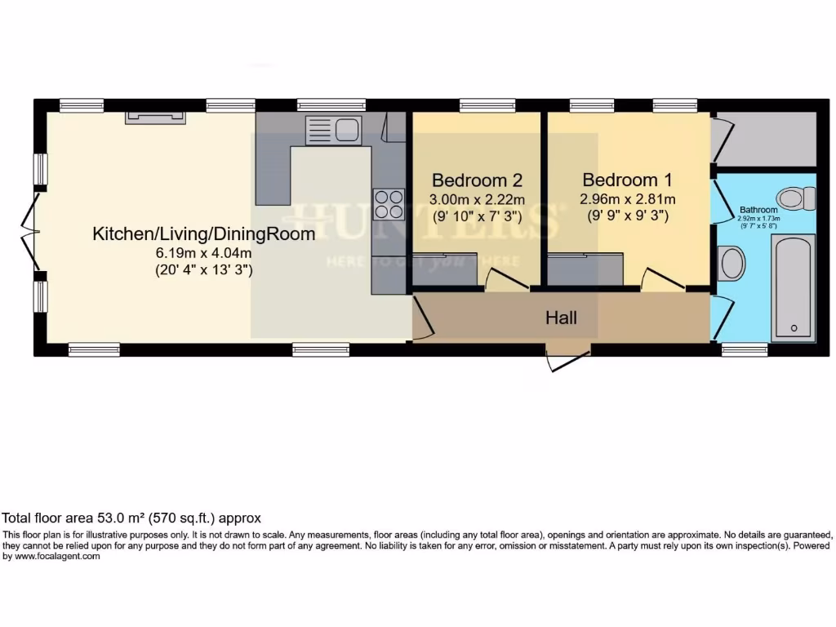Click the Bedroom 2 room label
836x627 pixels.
pos(477,180)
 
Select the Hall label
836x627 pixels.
pos(561,317)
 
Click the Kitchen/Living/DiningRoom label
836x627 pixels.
pos(203,234)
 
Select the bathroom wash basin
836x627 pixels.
pos(732,263)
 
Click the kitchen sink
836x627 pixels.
pos(333,130)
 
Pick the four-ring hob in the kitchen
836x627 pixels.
pos(389,203)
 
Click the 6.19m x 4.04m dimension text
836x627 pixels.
pos(203,253)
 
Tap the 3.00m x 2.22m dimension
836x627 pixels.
pos(477,199)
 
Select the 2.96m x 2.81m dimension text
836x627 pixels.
pos(628,199)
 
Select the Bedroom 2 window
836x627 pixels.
pos(480,104)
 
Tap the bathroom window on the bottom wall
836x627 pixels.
pos(744,349)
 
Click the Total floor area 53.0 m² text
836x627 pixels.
pos(131,518)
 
